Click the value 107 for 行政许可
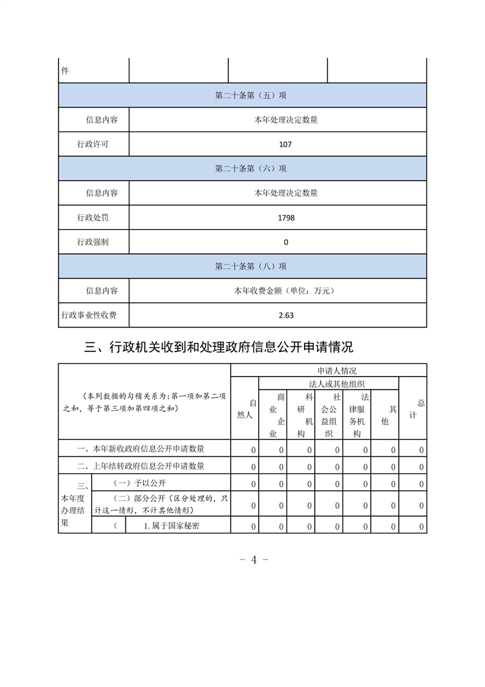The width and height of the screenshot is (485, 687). click(x=285, y=145)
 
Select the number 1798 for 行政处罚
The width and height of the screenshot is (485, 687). click(x=286, y=217)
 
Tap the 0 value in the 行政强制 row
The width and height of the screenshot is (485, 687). click(x=286, y=242)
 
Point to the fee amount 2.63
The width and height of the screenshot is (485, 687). click(x=286, y=315)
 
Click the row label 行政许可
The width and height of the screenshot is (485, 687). click(x=93, y=145)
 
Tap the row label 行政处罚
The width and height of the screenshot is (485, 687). click(x=93, y=217)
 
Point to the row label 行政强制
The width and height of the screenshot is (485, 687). click(x=93, y=242)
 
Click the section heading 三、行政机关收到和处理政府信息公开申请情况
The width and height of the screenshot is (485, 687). click(x=218, y=348)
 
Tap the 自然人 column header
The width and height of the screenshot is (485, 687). click(x=245, y=408)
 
